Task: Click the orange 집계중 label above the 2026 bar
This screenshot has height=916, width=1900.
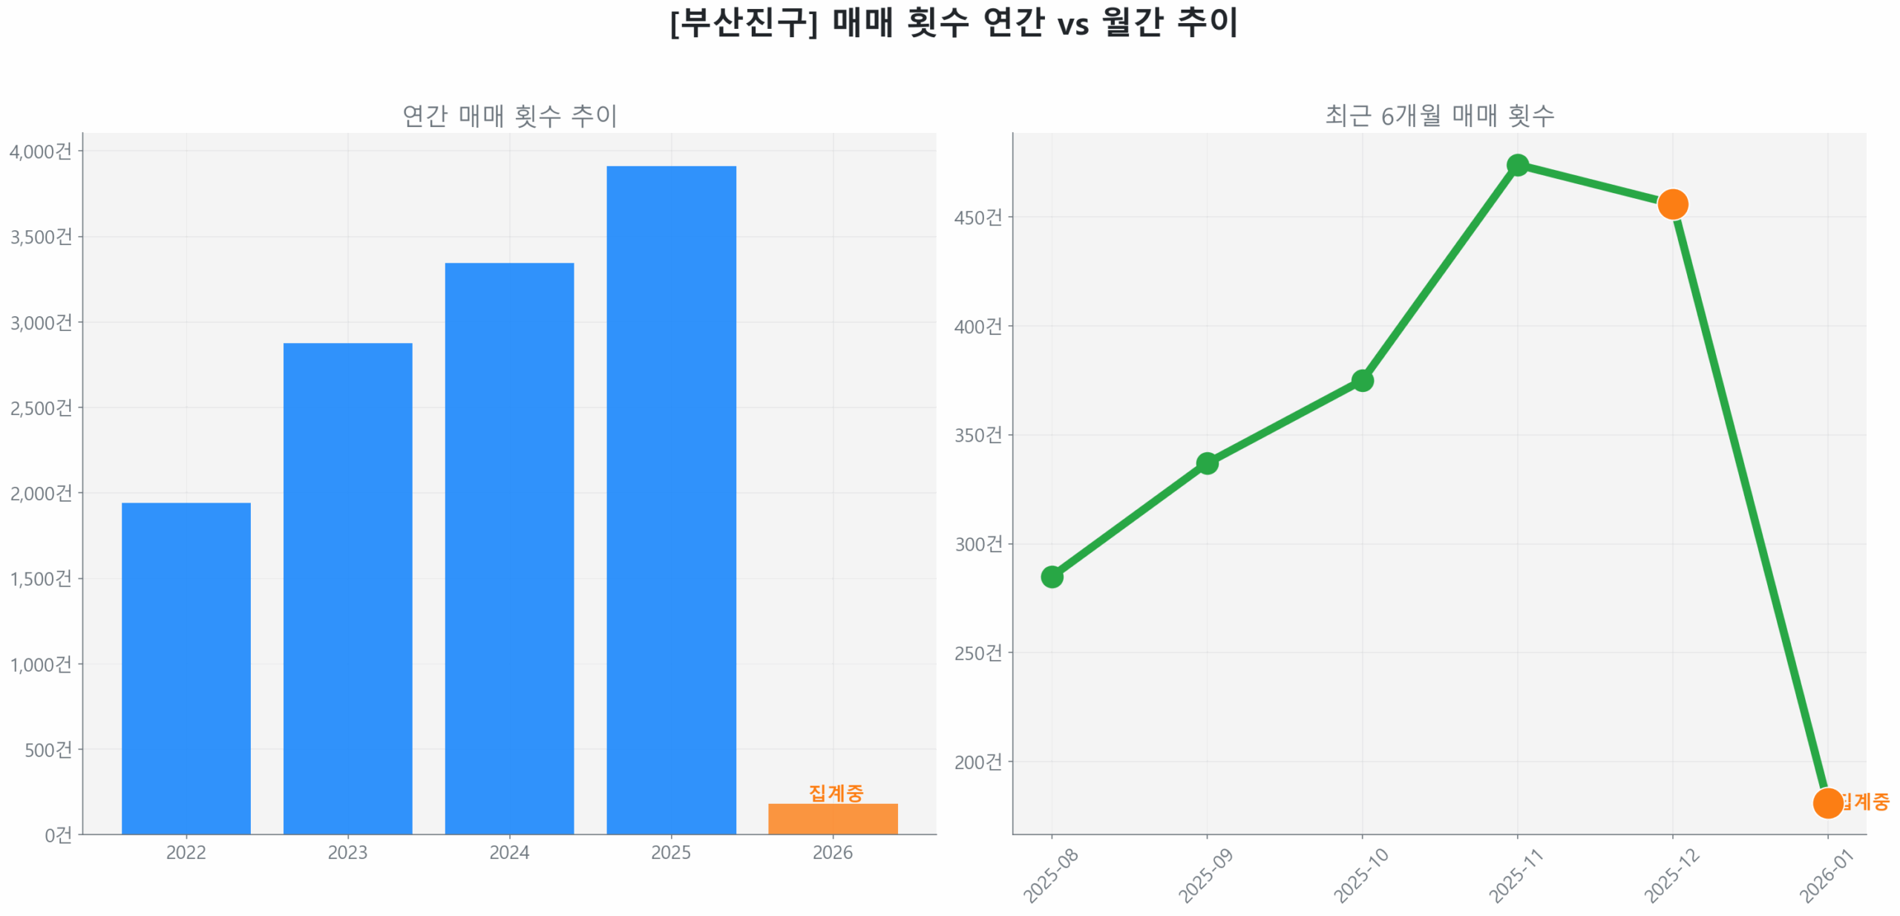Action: pyautogui.click(x=836, y=792)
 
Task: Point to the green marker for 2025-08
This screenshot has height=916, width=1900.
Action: pyautogui.click(x=1052, y=576)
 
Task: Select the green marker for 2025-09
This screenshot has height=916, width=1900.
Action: pyautogui.click(x=1207, y=463)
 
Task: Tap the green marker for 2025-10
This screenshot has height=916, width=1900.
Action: pyautogui.click(x=1362, y=381)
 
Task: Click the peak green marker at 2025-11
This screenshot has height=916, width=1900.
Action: pyautogui.click(x=1518, y=165)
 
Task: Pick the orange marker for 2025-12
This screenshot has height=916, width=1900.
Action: pyautogui.click(x=1672, y=203)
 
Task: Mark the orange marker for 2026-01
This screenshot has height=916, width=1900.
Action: pyautogui.click(x=1827, y=802)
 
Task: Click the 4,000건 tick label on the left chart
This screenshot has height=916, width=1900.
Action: pyautogui.click(x=41, y=151)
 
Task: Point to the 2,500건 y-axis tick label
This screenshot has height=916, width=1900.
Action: pyautogui.click(x=41, y=408)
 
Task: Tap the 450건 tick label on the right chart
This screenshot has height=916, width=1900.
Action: pyautogui.click(x=977, y=217)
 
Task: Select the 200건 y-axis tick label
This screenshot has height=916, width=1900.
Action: pyautogui.click(x=977, y=762)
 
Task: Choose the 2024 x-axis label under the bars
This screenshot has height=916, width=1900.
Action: pyautogui.click(x=509, y=852)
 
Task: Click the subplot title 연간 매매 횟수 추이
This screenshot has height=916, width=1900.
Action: pyautogui.click(x=509, y=116)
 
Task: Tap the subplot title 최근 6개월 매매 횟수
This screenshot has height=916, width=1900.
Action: pyautogui.click(x=1439, y=116)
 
